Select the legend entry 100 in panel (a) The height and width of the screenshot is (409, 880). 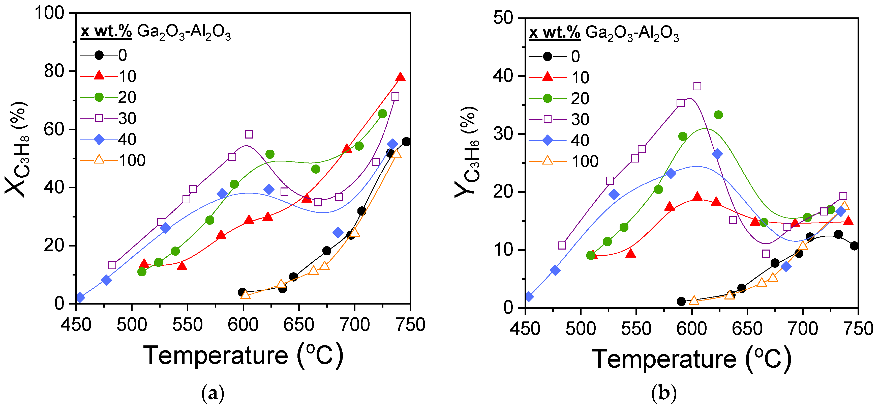pyautogui.click(x=132, y=160)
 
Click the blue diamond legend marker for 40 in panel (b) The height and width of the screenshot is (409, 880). pyautogui.click(x=547, y=141)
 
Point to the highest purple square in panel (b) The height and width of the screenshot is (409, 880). pyautogui.click(x=697, y=87)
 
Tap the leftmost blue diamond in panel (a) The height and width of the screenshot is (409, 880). pyautogui.click(x=80, y=297)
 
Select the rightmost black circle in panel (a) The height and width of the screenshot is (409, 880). pyautogui.click(x=406, y=142)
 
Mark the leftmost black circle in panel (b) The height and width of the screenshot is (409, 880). pyautogui.click(x=681, y=302)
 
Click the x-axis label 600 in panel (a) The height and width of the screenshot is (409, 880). pyautogui.click(x=243, y=325)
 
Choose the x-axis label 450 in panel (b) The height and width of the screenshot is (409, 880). pyautogui.click(x=525, y=329)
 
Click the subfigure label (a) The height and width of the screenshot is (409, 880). pyautogui.click(x=213, y=394)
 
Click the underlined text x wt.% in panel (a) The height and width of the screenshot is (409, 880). pyautogui.click(x=106, y=32)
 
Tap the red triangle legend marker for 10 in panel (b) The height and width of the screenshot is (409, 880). pyautogui.click(x=547, y=77)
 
